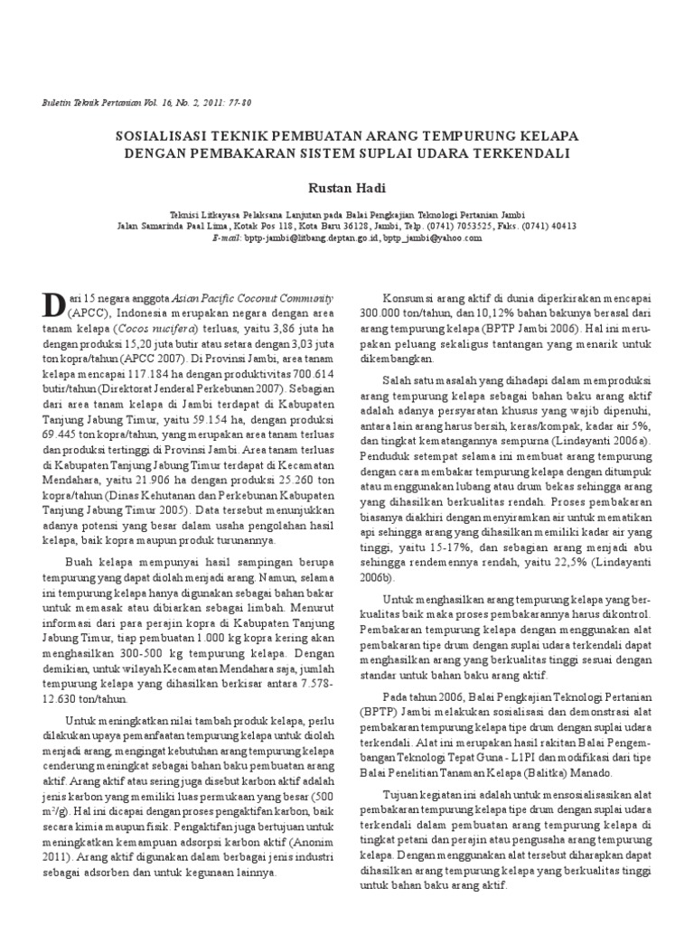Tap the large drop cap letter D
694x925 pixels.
coord(58,305)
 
